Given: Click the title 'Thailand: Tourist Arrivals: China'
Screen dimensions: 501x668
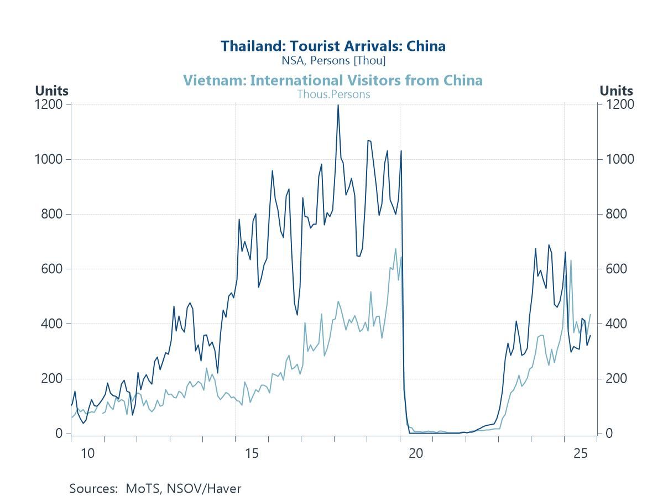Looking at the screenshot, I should tap(333, 46).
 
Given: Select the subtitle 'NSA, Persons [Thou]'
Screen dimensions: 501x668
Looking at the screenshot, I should tap(333, 60).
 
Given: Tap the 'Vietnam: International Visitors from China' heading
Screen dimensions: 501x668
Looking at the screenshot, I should tap(333, 81).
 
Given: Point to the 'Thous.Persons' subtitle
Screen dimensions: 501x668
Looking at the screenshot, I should tap(333, 94).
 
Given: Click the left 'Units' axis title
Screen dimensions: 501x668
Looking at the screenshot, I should tap(51, 91).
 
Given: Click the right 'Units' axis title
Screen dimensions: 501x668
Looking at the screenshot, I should tap(616, 91).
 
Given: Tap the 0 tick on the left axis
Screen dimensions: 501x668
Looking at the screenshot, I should tap(59, 434).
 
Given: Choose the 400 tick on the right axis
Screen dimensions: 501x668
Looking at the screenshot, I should tap(615, 324).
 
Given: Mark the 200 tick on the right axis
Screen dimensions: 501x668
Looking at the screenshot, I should tap(615, 379).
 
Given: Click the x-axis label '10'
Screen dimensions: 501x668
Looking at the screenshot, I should tap(87, 454).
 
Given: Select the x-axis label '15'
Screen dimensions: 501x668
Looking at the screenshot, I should tap(252, 454).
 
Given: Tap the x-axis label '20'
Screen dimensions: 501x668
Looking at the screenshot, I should tap(416, 454).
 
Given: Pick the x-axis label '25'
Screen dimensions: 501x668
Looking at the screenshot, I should tap(580, 454).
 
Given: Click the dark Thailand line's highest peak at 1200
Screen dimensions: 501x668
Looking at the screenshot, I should tap(338, 106).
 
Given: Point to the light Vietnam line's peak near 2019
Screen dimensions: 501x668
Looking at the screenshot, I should tap(395, 249).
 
